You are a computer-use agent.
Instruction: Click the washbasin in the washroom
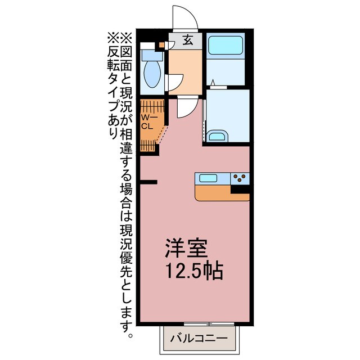coord(217,136)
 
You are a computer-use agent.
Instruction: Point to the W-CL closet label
coord(147,121)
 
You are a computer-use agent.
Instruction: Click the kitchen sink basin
coord(209,178)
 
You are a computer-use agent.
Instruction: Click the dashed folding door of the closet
coord(163,134)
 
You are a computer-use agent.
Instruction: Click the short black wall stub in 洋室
coord(148,182)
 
